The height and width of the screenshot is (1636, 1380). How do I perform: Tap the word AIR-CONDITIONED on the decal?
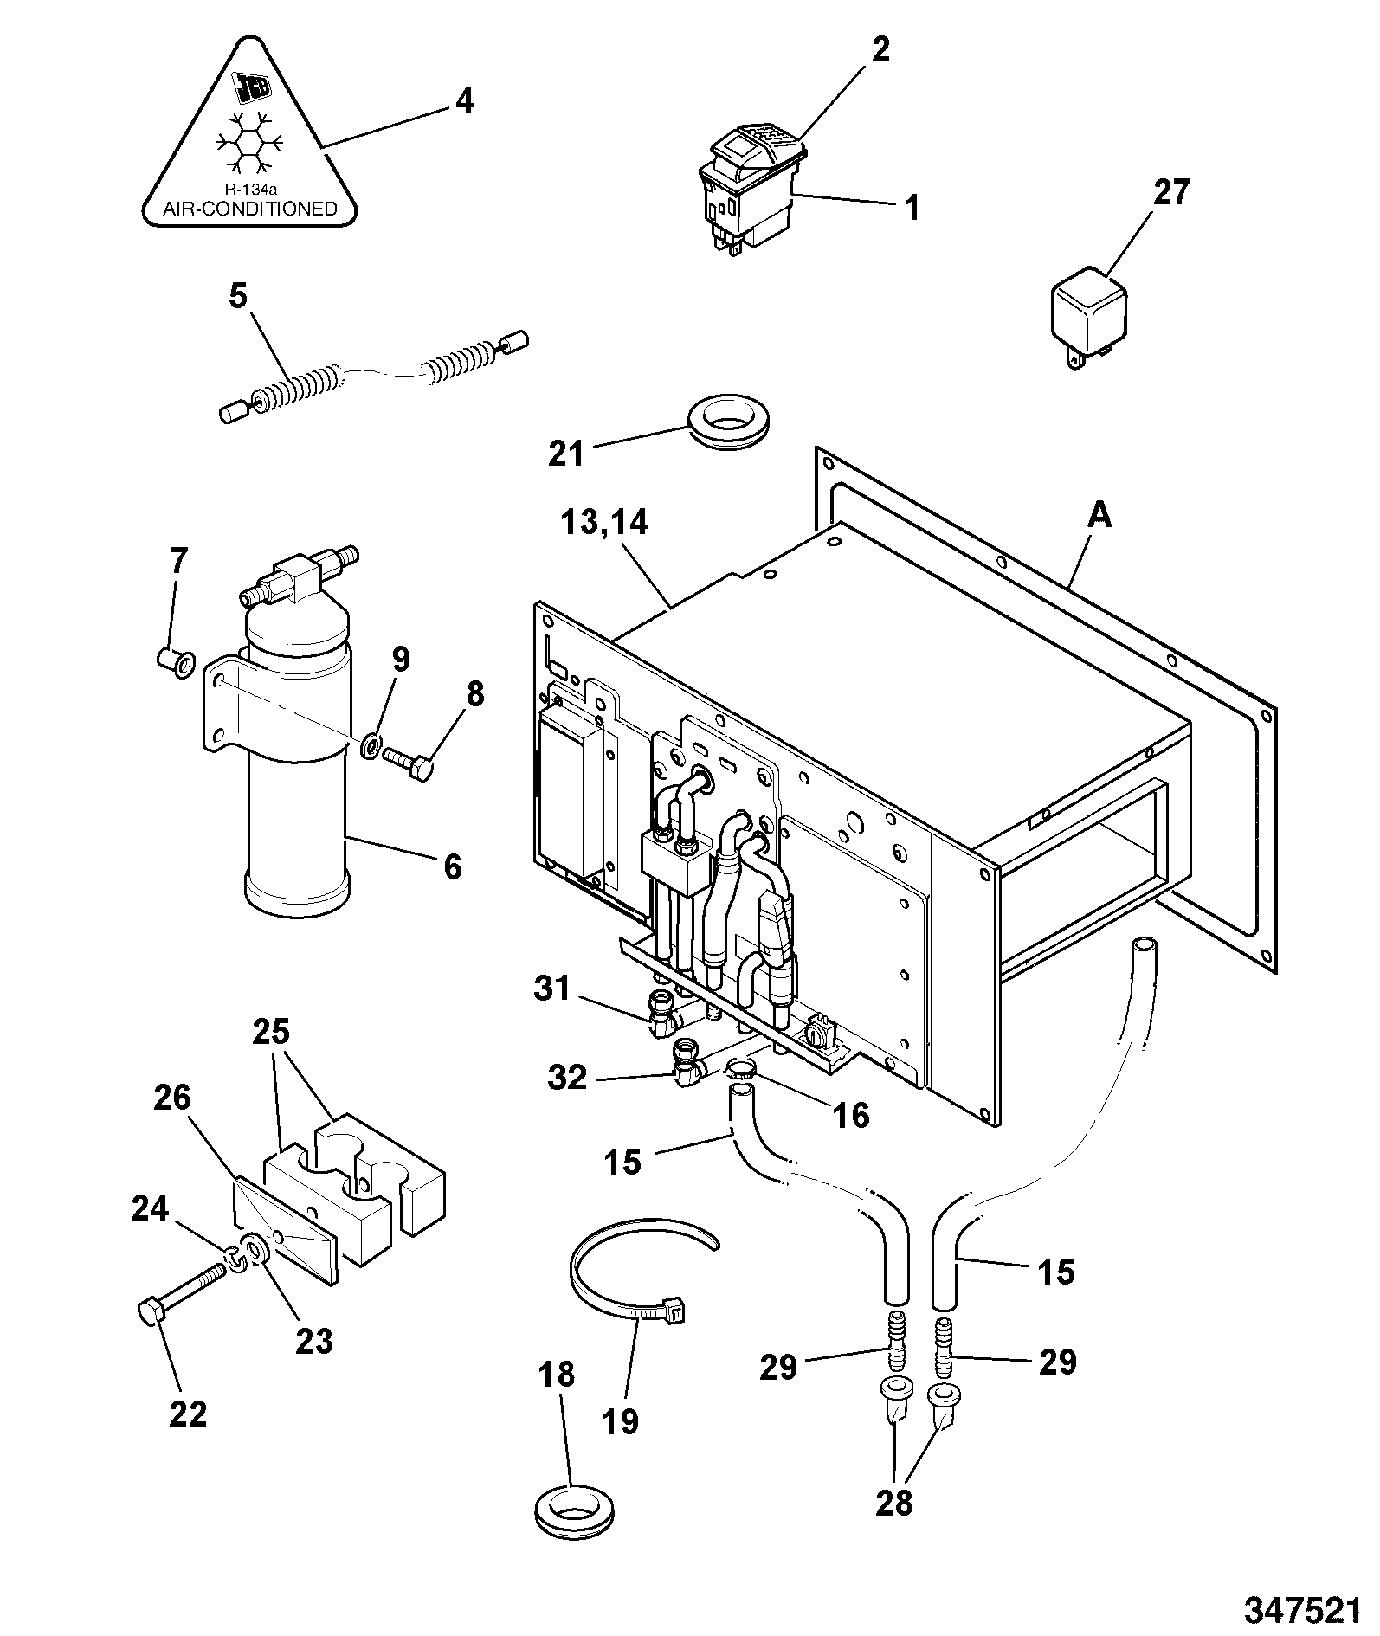(x=250, y=209)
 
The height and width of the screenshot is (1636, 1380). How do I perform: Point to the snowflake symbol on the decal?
(x=250, y=142)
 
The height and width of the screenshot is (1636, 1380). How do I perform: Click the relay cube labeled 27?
(x=1089, y=315)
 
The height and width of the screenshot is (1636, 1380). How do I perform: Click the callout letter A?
(x=1099, y=516)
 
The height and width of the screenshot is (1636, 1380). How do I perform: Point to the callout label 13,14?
(x=604, y=524)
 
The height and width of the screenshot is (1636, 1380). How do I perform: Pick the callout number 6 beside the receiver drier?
(x=452, y=866)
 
